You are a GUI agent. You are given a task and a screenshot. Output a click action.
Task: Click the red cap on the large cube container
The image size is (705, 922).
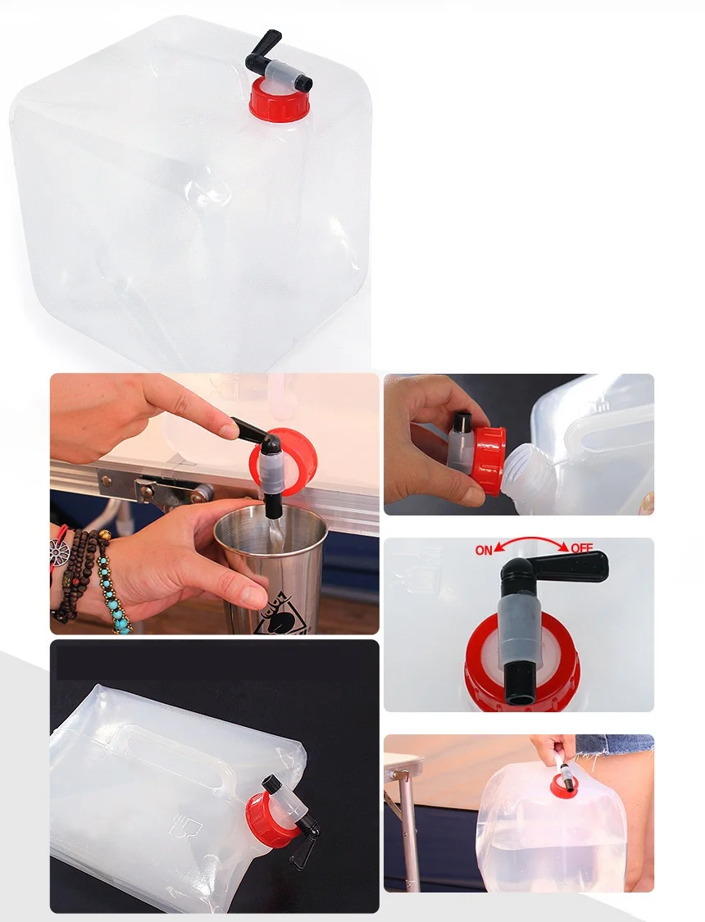click(x=280, y=101)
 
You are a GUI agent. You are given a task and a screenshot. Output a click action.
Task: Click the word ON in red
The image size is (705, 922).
click(x=484, y=551)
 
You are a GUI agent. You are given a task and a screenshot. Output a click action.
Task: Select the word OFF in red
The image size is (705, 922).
click(x=581, y=547)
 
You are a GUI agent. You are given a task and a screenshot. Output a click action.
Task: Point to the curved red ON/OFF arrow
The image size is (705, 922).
click(x=532, y=538)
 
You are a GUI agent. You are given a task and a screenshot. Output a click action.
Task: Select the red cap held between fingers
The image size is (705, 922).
click(x=487, y=459)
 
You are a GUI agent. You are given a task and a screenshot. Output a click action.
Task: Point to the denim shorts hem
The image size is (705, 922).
click(x=615, y=750)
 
